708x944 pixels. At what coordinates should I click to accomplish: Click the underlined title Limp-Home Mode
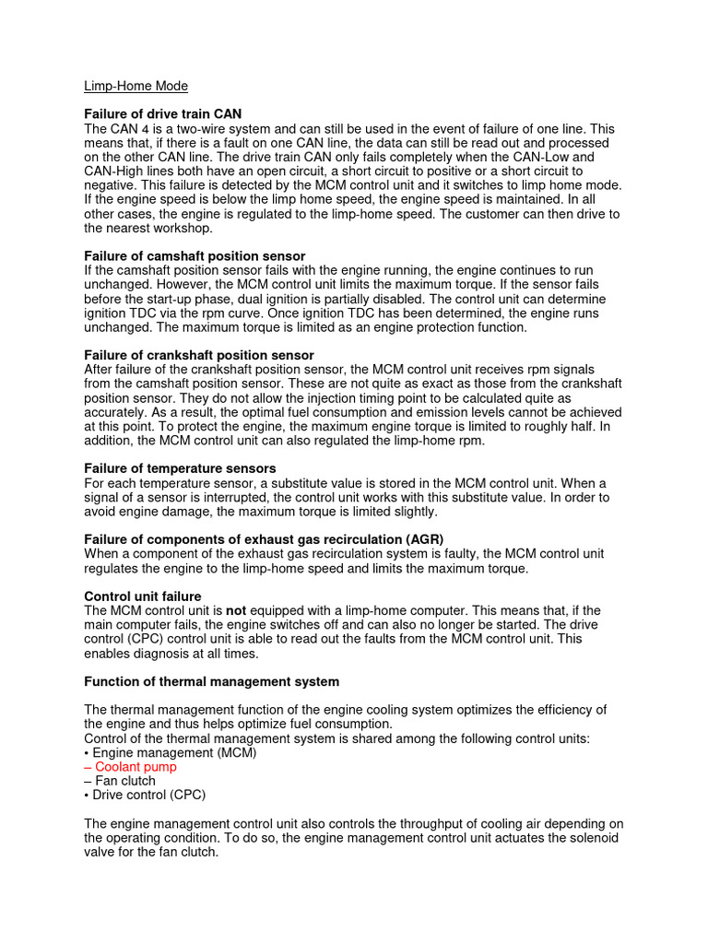[136, 86]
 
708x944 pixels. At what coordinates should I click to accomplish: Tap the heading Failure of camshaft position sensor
[195, 255]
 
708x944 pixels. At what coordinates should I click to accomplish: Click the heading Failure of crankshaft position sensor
[199, 355]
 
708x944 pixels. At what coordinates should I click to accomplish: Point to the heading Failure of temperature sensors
[180, 468]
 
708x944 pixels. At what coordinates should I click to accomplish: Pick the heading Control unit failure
[143, 596]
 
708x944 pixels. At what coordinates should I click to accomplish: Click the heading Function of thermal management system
[212, 681]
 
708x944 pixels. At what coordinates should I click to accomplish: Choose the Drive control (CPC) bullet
[145, 795]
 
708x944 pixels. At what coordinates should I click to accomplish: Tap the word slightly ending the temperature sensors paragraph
[411, 512]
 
